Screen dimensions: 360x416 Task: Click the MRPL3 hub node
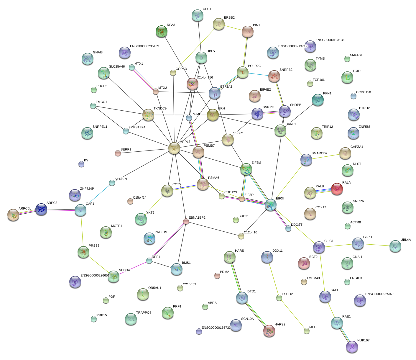point(174,148)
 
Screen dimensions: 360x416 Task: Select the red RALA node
point(337,189)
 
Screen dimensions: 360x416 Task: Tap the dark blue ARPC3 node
point(41,209)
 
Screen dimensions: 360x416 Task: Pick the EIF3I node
point(270,205)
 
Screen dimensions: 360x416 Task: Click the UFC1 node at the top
point(197,15)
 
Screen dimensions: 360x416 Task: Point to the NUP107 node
point(352,347)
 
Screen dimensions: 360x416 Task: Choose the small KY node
point(81,164)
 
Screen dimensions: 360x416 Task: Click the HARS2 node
point(269,331)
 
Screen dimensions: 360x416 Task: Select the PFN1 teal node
point(318,100)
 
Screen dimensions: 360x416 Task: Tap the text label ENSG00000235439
point(144,46)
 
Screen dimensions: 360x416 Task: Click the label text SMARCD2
point(319,153)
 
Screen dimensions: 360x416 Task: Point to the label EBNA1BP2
point(197,218)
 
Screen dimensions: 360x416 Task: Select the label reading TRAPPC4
point(144,313)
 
